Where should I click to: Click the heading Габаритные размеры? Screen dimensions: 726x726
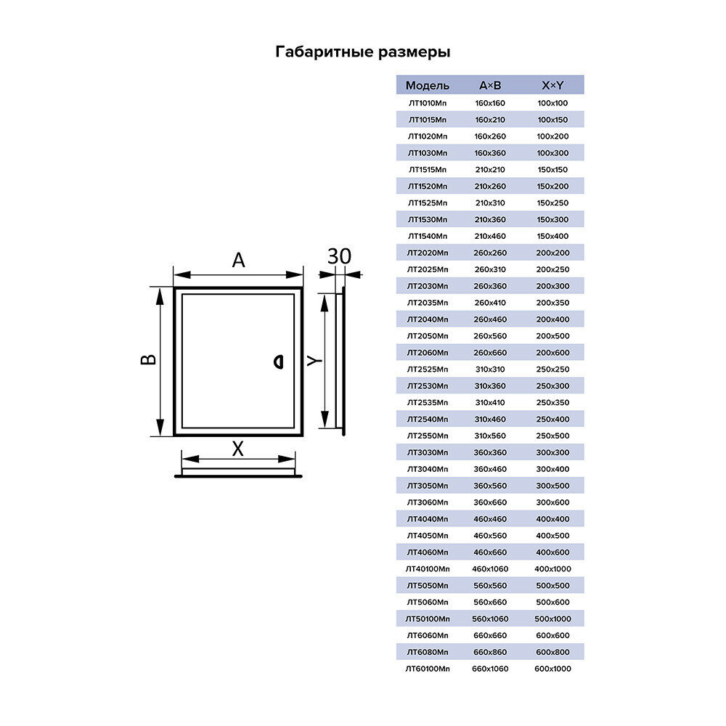point(363,52)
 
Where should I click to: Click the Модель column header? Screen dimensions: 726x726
point(428,86)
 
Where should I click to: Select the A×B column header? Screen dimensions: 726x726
point(490,86)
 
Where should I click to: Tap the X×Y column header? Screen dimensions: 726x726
point(552,86)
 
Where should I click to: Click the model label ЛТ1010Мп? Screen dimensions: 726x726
point(428,103)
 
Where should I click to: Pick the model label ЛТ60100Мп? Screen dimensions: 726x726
point(428,669)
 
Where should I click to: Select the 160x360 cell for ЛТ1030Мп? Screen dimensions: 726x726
point(490,153)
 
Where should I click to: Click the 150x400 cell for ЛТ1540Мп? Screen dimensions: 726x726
point(552,236)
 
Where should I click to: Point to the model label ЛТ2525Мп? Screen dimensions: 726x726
point(428,369)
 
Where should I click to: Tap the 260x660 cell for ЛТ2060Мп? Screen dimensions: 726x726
point(490,353)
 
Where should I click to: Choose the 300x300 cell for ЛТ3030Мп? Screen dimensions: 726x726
point(552,452)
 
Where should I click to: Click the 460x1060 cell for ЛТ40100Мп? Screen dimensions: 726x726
point(490,568)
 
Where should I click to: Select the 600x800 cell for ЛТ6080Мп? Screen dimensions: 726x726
point(552,652)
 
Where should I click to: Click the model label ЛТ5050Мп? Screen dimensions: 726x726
point(428,585)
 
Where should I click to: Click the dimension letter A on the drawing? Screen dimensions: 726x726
point(238,261)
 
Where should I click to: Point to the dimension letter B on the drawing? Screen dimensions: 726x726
point(147,360)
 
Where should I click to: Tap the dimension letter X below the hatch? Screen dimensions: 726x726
point(237,449)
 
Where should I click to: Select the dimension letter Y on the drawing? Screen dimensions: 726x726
point(312,361)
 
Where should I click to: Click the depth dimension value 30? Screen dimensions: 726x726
point(339,256)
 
